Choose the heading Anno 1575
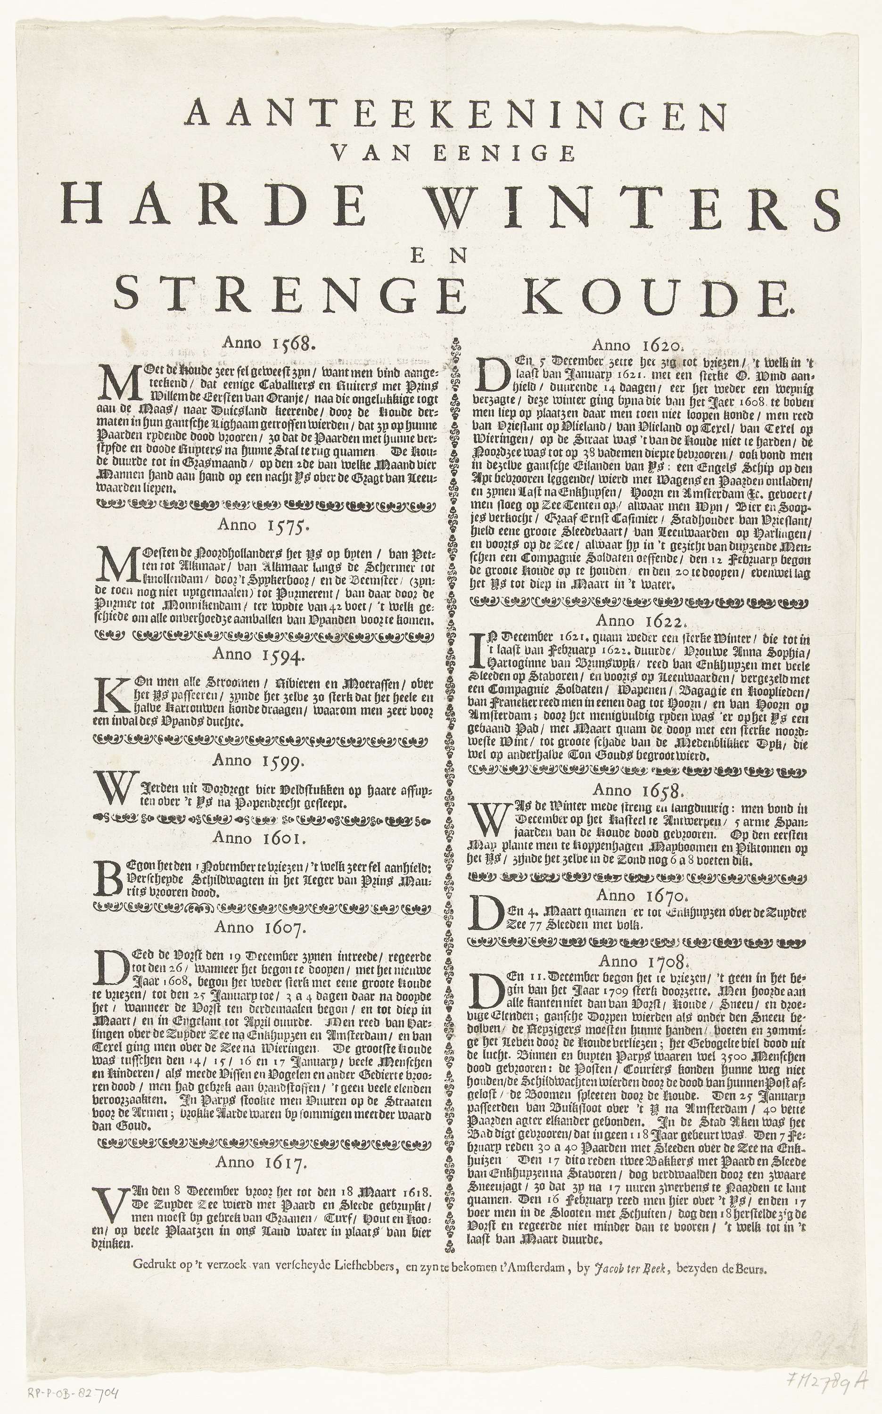(x=261, y=525)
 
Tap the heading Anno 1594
(x=258, y=654)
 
